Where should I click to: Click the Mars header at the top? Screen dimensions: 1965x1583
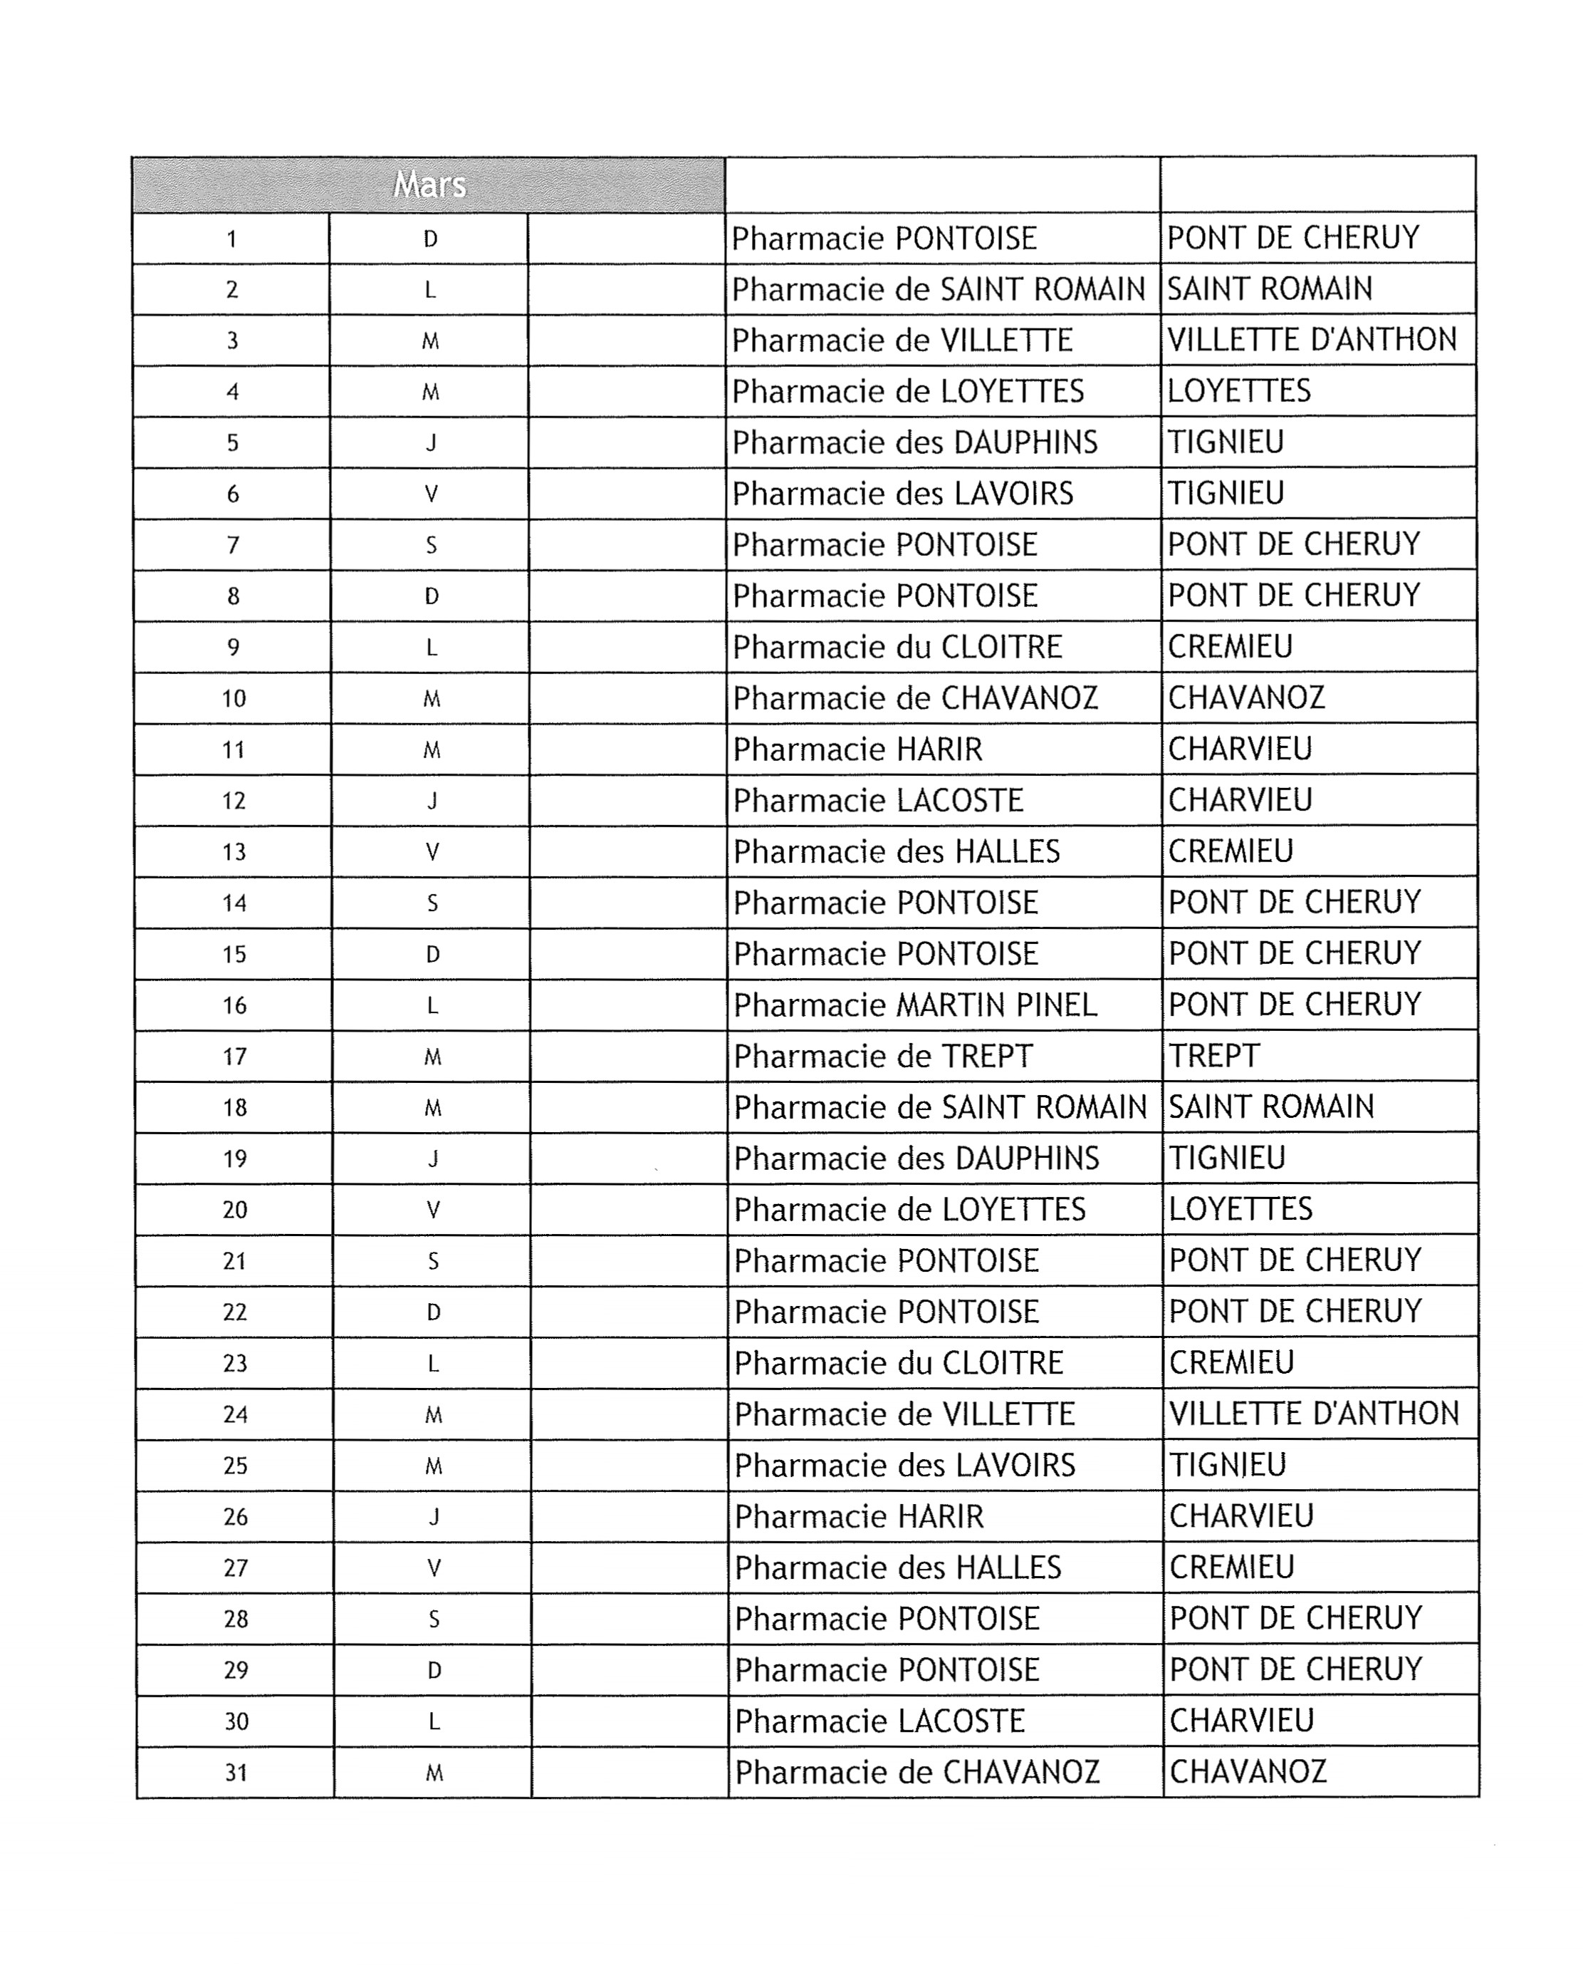click(429, 185)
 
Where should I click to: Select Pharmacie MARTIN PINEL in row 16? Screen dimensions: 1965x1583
click(914, 1005)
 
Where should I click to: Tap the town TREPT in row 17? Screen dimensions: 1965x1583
click(1213, 1055)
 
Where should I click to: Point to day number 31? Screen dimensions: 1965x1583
click(236, 1773)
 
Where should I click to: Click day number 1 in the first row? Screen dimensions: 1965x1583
click(231, 239)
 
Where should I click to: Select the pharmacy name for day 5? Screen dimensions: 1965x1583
click(914, 442)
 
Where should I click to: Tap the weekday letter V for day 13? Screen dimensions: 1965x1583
click(432, 852)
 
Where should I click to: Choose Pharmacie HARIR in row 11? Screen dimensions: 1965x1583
click(858, 750)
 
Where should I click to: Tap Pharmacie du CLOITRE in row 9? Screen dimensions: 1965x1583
click(897, 648)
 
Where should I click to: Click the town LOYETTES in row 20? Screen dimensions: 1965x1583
click(1240, 1209)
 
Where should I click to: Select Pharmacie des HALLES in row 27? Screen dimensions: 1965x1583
click(898, 1568)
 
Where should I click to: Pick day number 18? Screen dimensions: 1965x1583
click(235, 1107)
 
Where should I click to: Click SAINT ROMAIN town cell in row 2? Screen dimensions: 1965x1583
click(1269, 289)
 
